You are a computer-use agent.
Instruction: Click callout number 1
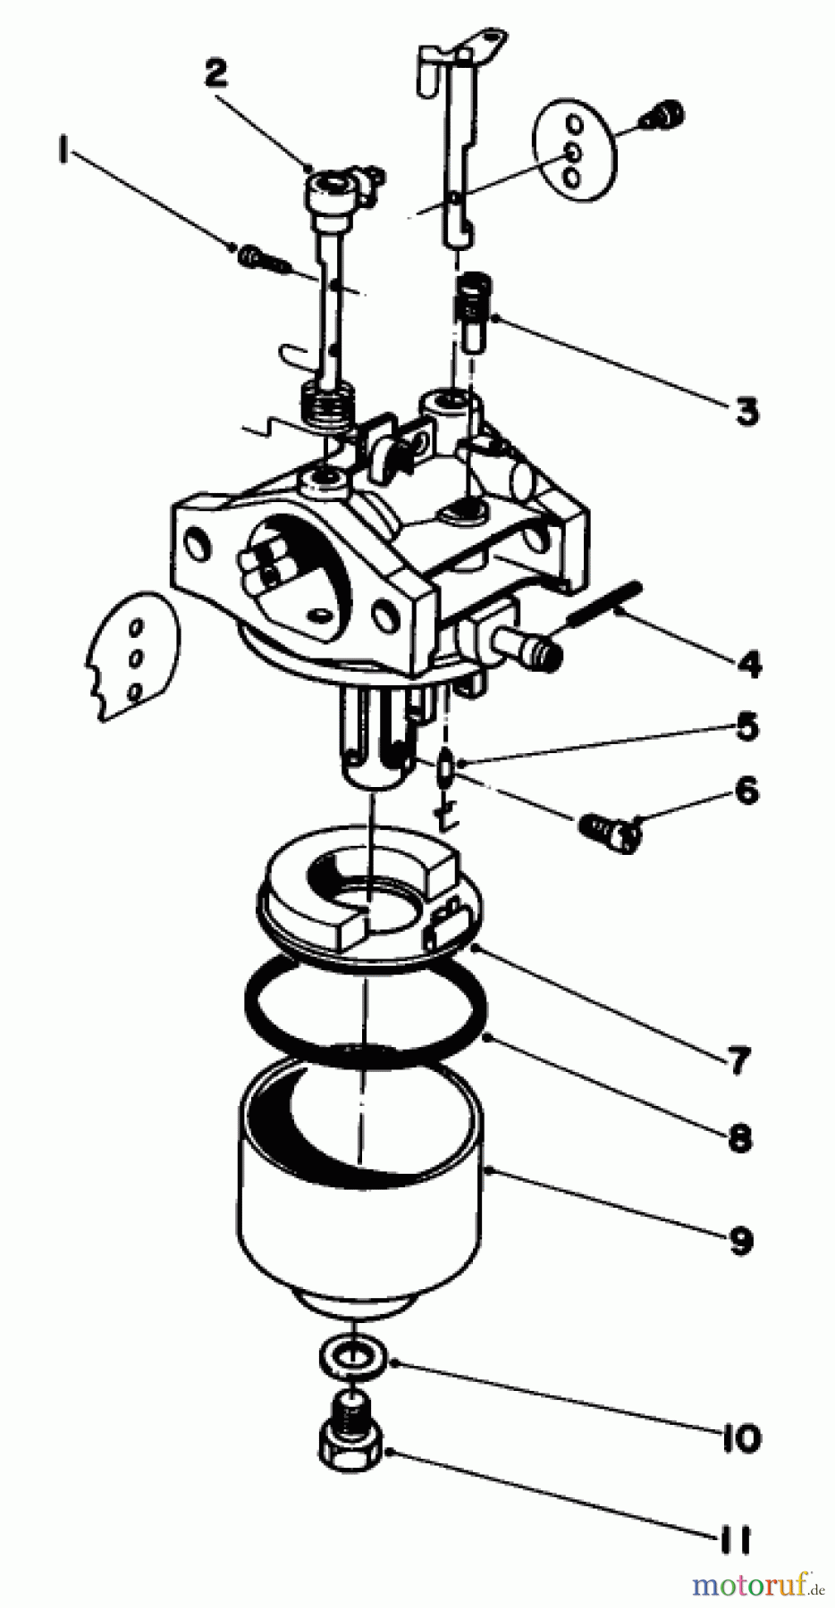click(63, 153)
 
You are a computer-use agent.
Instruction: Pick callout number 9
click(741, 1240)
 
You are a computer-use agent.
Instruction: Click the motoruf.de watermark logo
click(759, 1585)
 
